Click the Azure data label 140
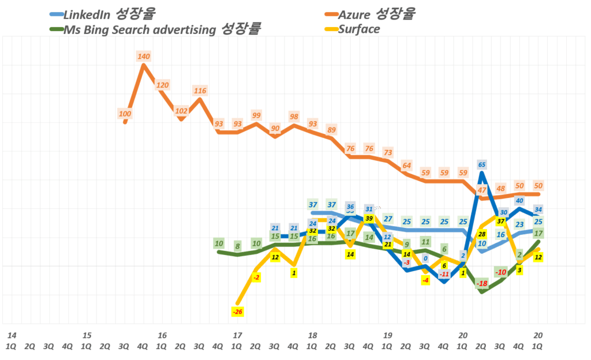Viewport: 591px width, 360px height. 144,56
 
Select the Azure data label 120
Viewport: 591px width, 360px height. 163,85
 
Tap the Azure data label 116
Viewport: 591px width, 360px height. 200,91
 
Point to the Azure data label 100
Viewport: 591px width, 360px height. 125,114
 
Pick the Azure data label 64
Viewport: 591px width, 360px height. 407,166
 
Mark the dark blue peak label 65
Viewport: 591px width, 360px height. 482,164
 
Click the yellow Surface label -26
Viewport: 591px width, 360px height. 237,312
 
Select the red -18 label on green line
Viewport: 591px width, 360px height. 482,283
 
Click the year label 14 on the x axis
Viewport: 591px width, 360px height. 12,335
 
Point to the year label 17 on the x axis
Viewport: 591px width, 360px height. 237,335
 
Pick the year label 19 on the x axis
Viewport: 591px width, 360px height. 387,335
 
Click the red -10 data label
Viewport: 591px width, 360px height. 501,272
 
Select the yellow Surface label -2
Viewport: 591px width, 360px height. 256,277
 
